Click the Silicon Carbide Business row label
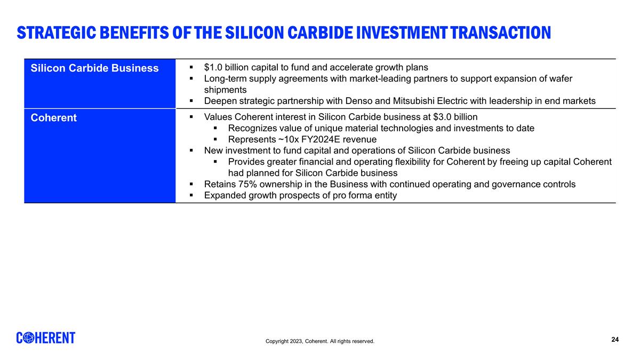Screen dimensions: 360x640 [94, 68]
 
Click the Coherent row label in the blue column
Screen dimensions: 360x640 [53, 118]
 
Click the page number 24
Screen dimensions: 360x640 [615, 340]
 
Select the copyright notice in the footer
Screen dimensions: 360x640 [320, 341]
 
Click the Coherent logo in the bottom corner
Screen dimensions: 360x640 [46, 338]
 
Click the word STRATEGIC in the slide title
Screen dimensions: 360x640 [55, 33]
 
